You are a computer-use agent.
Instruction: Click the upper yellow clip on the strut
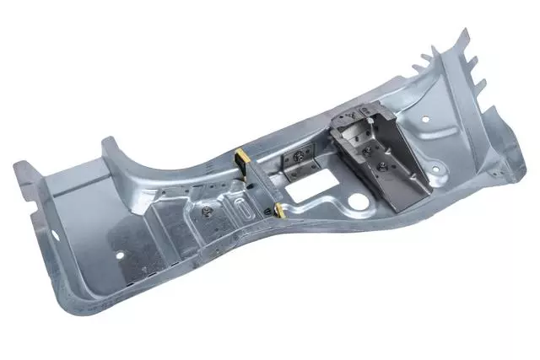(241, 158)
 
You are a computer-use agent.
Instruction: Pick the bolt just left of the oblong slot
(208, 212)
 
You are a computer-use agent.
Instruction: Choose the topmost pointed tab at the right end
(462, 36)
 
